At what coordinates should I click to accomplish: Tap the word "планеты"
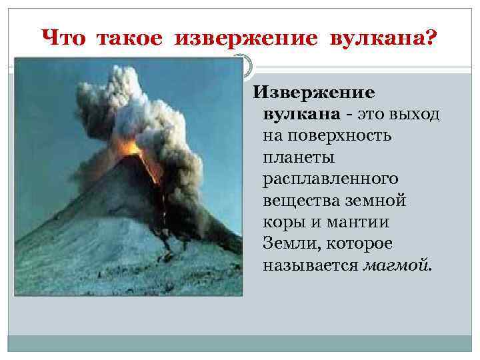298,157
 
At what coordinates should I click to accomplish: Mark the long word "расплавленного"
331,179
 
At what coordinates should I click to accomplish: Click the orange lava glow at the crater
131,148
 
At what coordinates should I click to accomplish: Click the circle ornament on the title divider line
242,65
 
